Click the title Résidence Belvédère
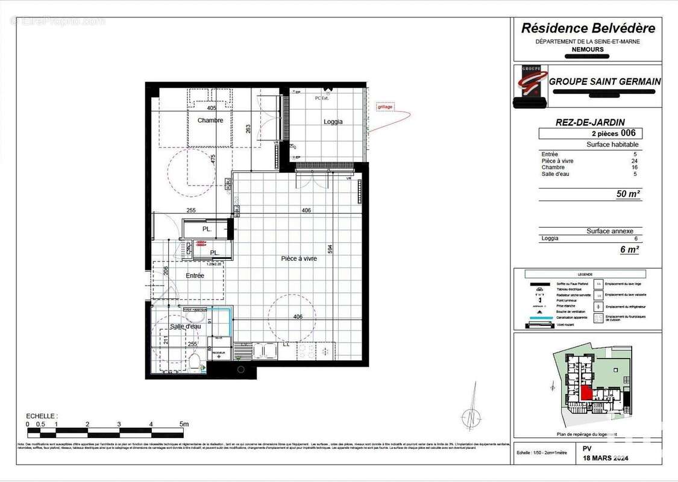pyautogui.click(x=588, y=28)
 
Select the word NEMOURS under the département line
pyautogui.click(x=588, y=49)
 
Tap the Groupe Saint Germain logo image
pyautogui.click(x=530, y=86)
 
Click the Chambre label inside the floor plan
pyautogui.click(x=210, y=120)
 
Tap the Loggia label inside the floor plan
pyautogui.click(x=333, y=122)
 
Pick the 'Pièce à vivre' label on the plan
pyautogui.click(x=299, y=258)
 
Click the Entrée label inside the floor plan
pyautogui.click(x=195, y=276)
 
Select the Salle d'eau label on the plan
pyautogui.click(x=185, y=326)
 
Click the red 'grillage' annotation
pyautogui.click(x=385, y=107)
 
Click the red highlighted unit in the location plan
pyautogui.click(x=586, y=393)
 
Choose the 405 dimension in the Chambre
pyautogui.click(x=211, y=108)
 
